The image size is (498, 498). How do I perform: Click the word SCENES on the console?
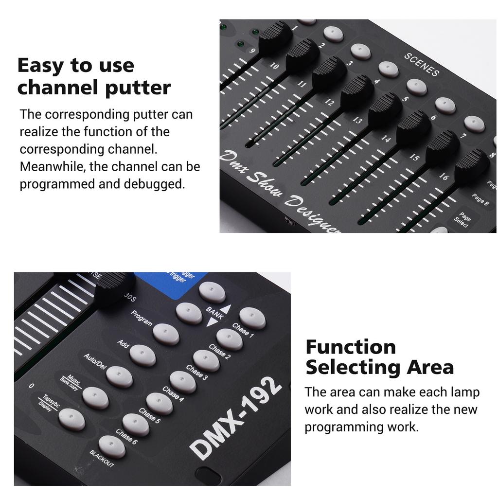422,64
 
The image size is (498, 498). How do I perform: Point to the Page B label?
480,199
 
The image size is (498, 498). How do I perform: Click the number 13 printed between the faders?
357,121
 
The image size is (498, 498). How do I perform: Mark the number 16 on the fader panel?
443,177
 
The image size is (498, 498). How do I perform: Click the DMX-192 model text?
236,418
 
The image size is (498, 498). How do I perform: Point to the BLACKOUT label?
102,459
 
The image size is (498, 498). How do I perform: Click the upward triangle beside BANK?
226,309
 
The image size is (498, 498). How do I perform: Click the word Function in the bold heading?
351,347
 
